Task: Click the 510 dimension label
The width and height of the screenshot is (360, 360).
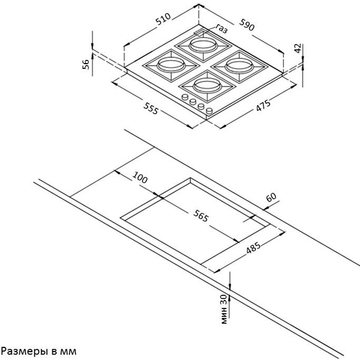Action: pyautogui.click(x=163, y=19)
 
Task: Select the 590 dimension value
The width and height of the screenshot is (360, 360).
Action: pyautogui.click(x=247, y=25)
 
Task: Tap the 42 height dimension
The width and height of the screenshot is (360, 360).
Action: pyautogui.click(x=298, y=48)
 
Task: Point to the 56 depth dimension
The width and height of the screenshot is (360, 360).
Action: pyautogui.click(x=85, y=64)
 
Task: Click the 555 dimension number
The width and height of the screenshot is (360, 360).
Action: pyautogui.click(x=151, y=108)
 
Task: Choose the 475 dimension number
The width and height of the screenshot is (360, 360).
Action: pyautogui.click(x=263, y=106)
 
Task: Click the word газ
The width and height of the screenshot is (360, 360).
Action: pyautogui.click(x=221, y=28)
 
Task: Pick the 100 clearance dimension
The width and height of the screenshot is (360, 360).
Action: pyautogui.click(x=140, y=177)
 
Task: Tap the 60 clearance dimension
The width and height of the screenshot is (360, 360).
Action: pyautogui.click(x=271, y=197)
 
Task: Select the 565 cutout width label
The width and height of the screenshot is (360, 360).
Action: pyautogui.click(x=201, y=215)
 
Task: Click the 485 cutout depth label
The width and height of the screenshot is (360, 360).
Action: pyautogui.click(x=253, y=247)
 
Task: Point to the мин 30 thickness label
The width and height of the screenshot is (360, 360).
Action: pyautogui.click(x=224, y=309)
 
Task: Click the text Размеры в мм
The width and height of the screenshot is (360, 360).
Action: pyautogui.click(x=38, y=351)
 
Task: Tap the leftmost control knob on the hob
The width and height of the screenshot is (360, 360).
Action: pyautogui.click(x=185, y=97)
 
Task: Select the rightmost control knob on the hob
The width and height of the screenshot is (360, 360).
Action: pyautogui.click(x=209, y=111)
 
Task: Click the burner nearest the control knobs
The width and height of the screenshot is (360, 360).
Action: pyautogui.click(x=208, y=86)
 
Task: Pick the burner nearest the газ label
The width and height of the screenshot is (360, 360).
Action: pyautogui.click(x=203, y=46)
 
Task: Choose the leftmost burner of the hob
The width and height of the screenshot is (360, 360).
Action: pyautogui.click(x=171, y=65)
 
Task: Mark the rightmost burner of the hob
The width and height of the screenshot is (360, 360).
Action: pyautogui.click(x=239, y=66)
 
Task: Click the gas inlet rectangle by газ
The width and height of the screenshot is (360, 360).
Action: pyautogui.click(x=200, y=33)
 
